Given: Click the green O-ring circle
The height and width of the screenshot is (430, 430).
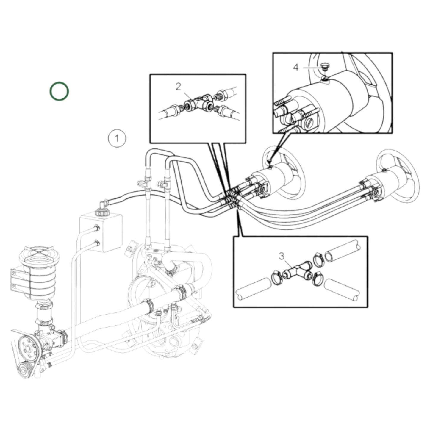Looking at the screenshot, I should (x=59, y=91).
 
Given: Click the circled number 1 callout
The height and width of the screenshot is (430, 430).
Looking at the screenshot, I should (x=117, y=138).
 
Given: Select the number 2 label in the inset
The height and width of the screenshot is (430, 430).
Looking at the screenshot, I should (x=178, y=87).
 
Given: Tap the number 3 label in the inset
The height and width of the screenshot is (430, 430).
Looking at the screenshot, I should (x=282, y=256).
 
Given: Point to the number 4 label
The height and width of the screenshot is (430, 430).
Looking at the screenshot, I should (x=295, y=67).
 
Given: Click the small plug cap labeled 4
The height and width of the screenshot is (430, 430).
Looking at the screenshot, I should (x=325, y=66).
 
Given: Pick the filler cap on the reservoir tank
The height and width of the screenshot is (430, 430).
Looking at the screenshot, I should (x=100, y=213).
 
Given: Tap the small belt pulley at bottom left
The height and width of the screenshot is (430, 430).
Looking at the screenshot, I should (x=25, y=371).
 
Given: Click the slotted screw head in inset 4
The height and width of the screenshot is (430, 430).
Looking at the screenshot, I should (x=309, y=123).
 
